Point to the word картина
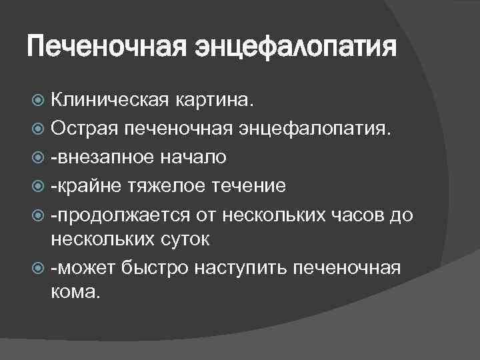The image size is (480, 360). tap(213, 101)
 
